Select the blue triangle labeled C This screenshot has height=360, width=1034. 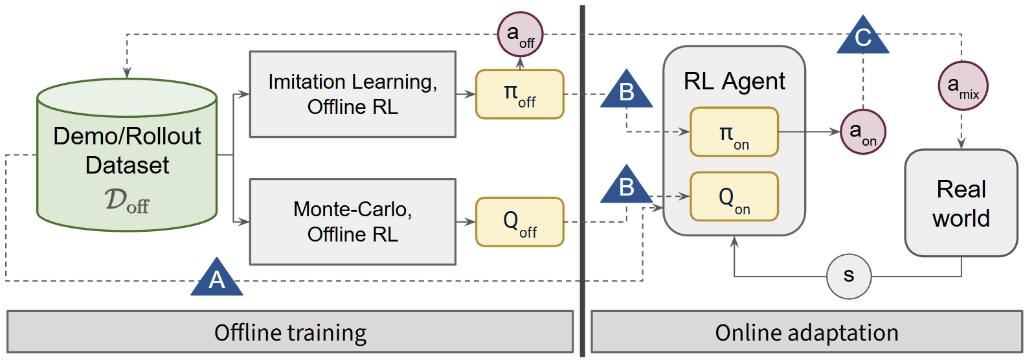click(x=863, y=38)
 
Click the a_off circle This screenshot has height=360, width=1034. click(x=520, y=34)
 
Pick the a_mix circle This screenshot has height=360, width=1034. click(x=963, y=85)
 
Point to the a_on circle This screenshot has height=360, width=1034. click(x=862, y=132)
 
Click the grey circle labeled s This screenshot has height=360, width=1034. click(x=849, y=276)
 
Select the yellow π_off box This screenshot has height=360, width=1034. click(x=520, y=95)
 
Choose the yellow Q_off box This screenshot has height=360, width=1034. click(x=520, y=222)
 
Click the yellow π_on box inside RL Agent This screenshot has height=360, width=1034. click(x=734, y=132)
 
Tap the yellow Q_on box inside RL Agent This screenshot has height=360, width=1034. click(x=734, y=196)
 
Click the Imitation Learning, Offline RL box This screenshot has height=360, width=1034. click(x=353, y=95)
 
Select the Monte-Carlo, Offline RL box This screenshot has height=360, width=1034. click(x=353, y=222)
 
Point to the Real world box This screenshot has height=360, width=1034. click(x=961, y=203)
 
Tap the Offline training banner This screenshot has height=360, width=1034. click(x=290, y=332)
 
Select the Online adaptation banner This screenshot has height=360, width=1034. click(x=807, y=332)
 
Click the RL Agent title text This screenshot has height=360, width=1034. click(x=734, y=82)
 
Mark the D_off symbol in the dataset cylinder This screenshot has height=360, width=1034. click(x=127, y=201)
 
